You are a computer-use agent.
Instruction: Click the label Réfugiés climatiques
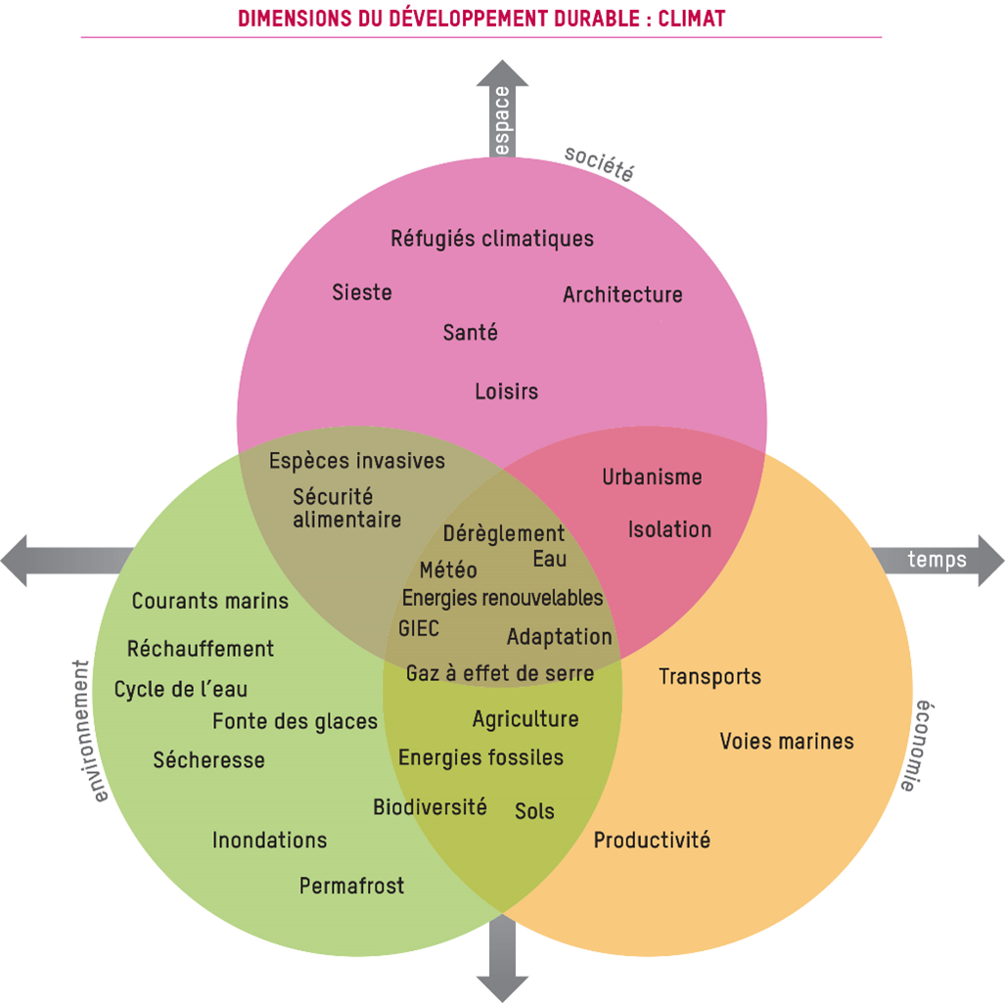point(492,239)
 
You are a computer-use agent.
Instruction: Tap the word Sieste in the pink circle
point(362,292)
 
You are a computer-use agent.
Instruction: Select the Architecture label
point(622,295)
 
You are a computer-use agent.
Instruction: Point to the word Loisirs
point(506,391)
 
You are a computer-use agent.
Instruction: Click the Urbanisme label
point(652,478)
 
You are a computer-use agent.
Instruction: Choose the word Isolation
point(669,529)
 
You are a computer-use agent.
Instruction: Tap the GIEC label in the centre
point(419,627)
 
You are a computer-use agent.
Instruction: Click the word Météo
point(448,570)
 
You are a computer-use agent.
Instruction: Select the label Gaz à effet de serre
point(499,673)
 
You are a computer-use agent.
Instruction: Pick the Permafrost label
point(351,887)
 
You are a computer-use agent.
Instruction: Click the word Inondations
point(269,840)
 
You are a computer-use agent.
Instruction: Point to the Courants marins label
point(210,601)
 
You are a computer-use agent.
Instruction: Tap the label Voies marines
point(787,741)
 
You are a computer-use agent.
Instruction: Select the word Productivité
point(652,840)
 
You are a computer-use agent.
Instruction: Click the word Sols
point(534,811)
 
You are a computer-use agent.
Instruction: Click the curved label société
point(599,165)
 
